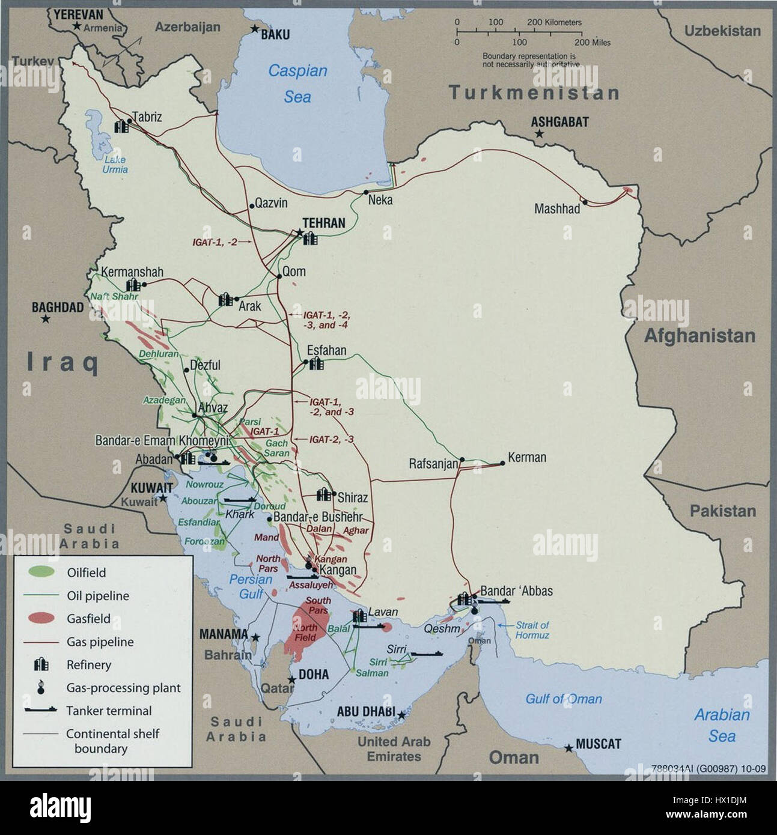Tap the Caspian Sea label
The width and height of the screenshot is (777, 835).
tap(297, 83)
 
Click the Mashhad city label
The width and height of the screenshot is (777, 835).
tap(557, 209)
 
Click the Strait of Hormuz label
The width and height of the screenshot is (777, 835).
tap(532, 630)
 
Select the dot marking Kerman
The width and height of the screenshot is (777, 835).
tap(501, 463)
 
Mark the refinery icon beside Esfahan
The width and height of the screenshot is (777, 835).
tap(315, 363)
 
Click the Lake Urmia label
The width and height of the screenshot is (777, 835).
tap(115, 165)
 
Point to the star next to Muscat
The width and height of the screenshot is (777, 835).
tap(568, 748)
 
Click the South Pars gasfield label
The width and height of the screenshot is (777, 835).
tap(318, 605)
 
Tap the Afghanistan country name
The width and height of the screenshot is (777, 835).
tap(699, 335)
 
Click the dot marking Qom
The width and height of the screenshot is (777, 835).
tap(279, 276)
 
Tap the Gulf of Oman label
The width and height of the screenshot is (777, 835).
tap(563, 699)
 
